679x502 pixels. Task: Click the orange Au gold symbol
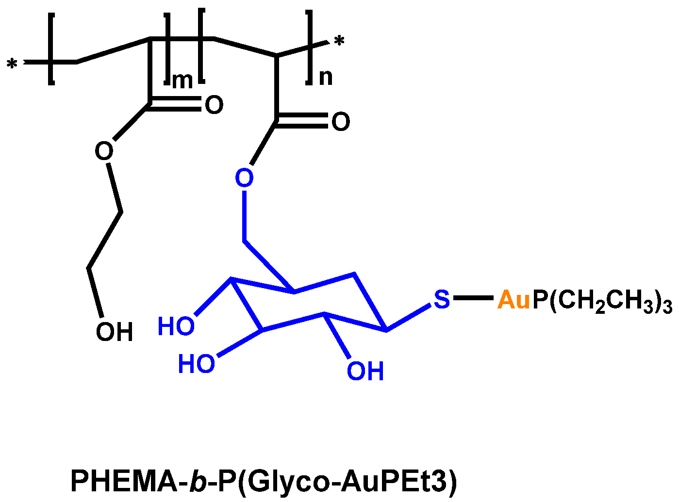click(514, 300)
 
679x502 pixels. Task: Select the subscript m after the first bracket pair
click(182, 80)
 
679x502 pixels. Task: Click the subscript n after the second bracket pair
click(326, 77)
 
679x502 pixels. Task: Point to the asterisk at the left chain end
click(12, 65)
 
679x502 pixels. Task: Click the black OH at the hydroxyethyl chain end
click(114, 332)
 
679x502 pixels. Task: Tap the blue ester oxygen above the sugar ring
click(244, 178)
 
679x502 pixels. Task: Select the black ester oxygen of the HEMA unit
click(104, 151)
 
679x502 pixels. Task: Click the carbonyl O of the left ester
click(214, 105)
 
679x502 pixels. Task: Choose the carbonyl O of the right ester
click(340, 121)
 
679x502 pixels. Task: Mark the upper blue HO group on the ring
click(176, 326)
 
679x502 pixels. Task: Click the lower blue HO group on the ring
click(196, 363)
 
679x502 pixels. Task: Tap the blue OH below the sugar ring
click(365, 371)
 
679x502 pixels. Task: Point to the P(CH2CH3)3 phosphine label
click(602, 301)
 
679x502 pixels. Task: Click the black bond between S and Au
click(473, 297)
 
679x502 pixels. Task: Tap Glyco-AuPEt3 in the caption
click(349, 481)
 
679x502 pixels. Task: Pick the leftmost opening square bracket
click(51, 49)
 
